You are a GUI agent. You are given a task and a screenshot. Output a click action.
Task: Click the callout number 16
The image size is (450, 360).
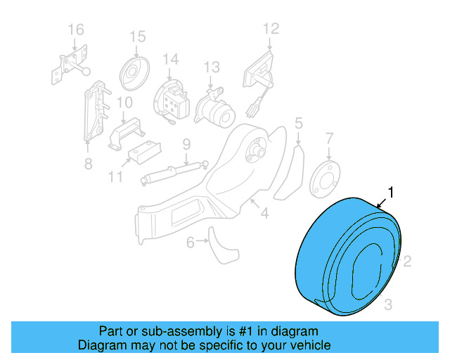(75, 30)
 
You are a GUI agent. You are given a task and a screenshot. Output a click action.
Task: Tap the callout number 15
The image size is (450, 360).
(137, 36)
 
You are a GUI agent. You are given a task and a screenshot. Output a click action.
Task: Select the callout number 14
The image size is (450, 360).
(171, 60)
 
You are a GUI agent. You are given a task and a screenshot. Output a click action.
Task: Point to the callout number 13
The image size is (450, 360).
(212, 67)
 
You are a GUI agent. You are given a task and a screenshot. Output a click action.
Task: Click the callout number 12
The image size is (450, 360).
(271, 29)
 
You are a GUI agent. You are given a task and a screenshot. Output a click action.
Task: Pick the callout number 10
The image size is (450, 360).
(124, 103)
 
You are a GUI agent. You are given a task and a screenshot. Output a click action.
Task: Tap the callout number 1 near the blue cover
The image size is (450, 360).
(392, 192)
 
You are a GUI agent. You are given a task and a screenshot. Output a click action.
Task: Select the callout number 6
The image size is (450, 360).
(190, 243)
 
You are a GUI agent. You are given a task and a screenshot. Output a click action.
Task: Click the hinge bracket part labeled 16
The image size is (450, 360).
(72, 65)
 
